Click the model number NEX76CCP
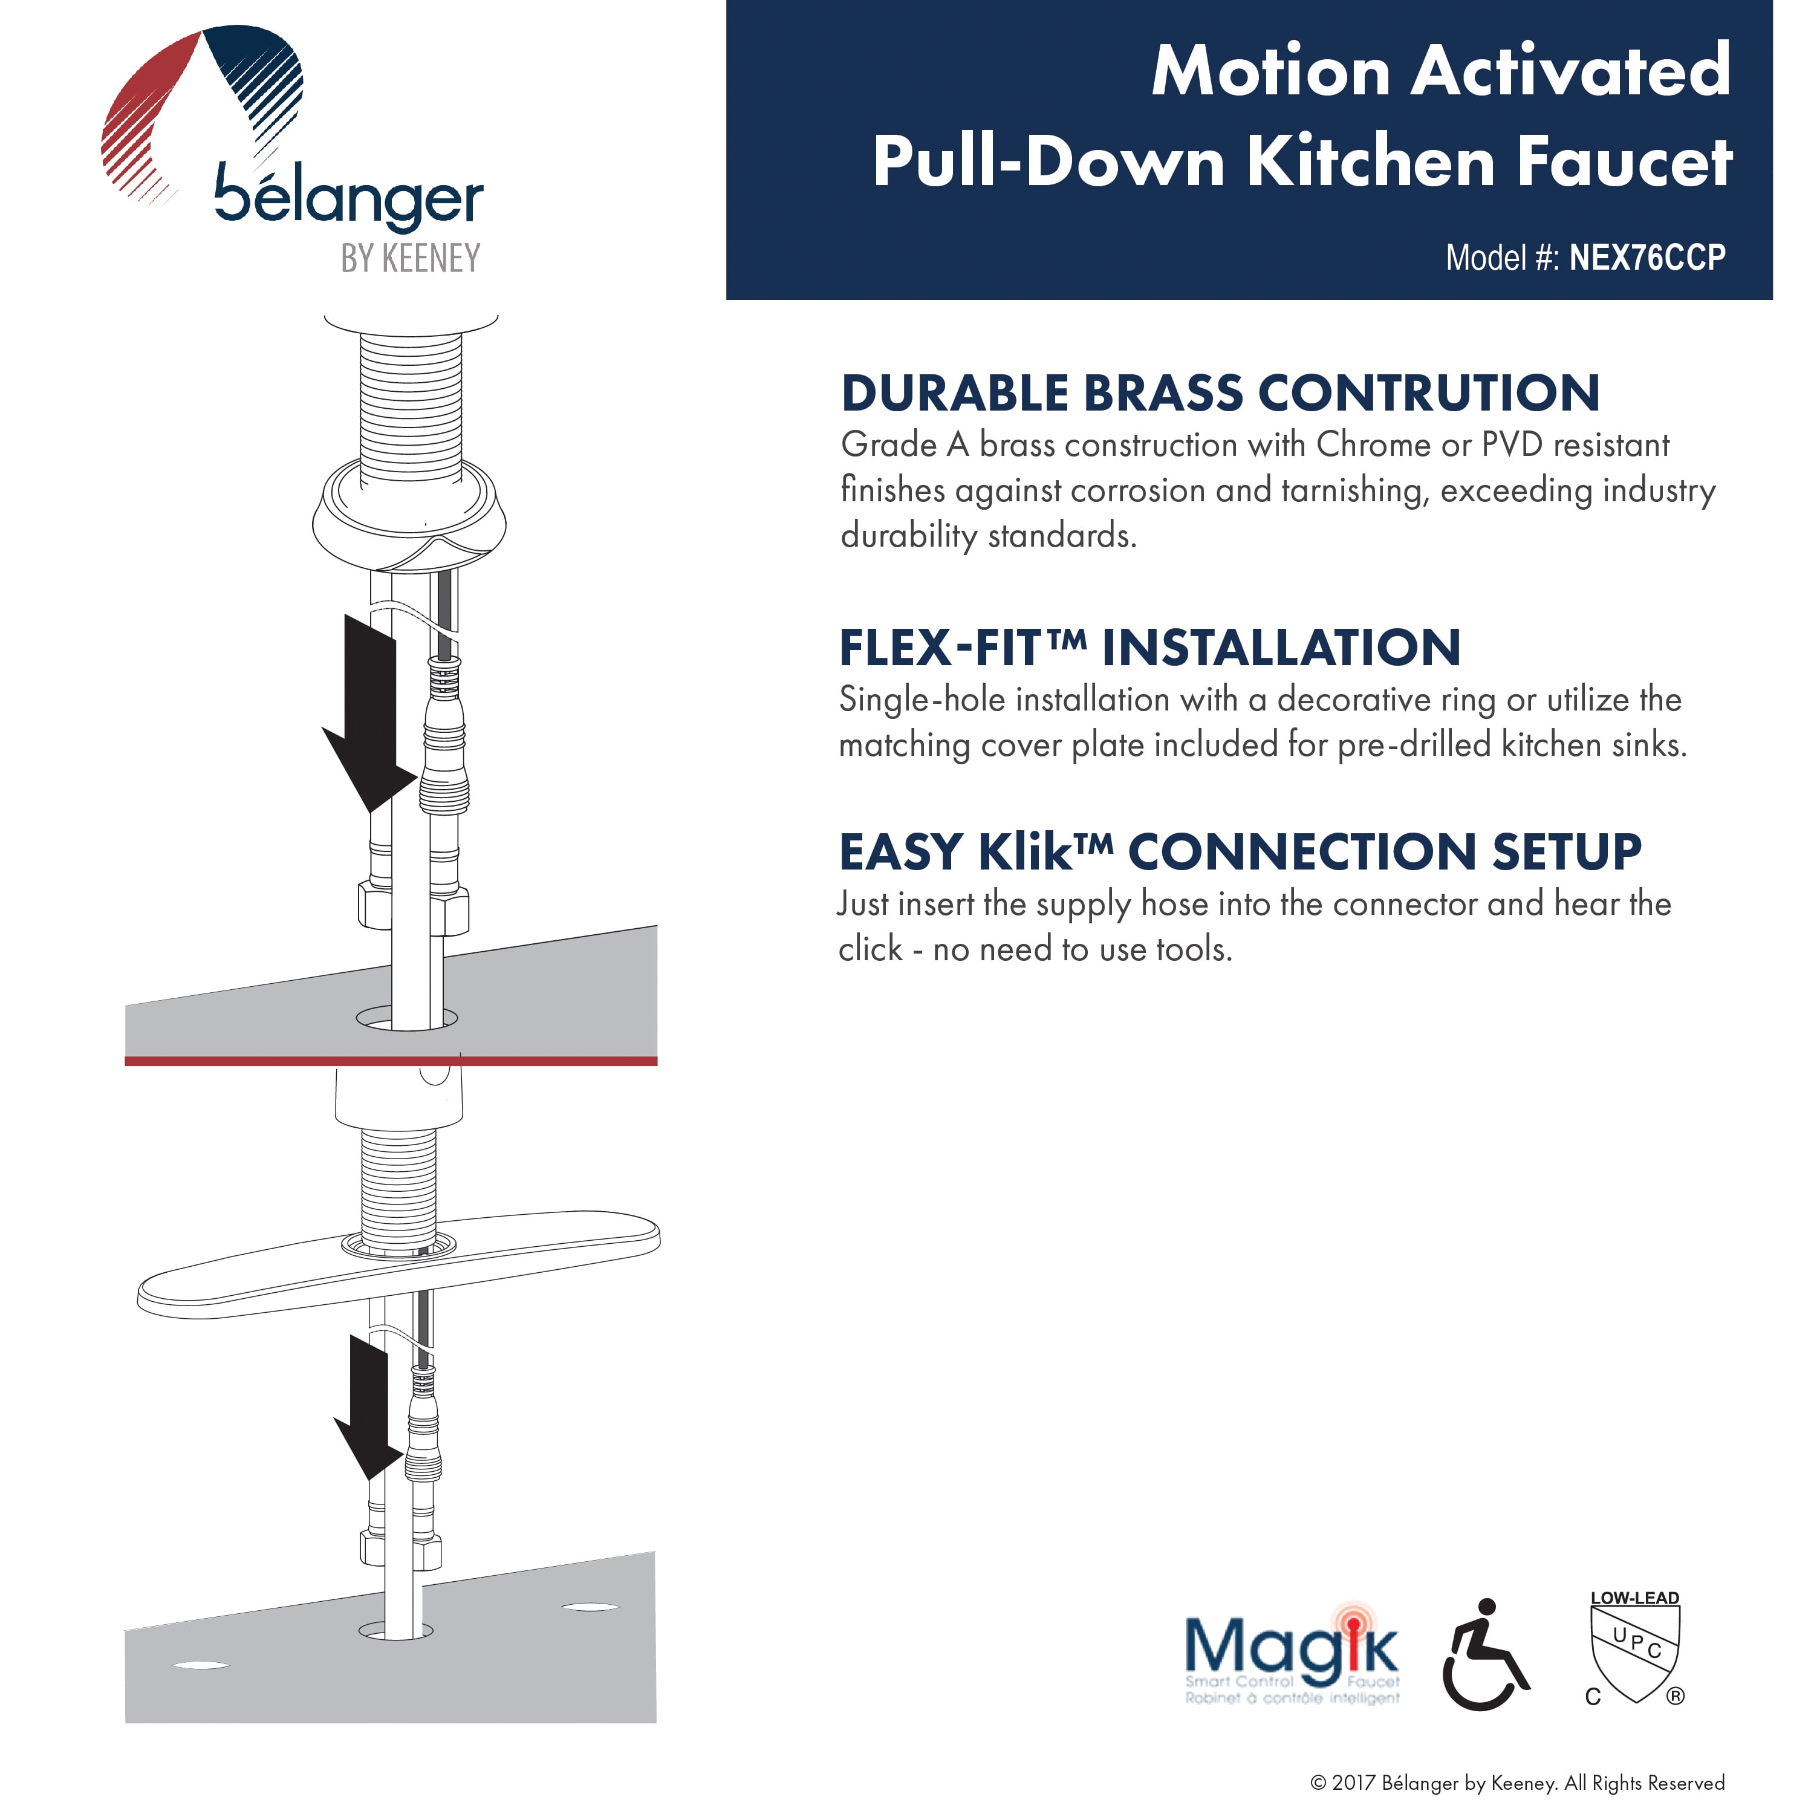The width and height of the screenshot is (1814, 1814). (x=1647, y=257)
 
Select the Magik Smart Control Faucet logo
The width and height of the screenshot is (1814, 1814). (x=1291, y=1657)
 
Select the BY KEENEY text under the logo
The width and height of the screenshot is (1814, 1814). (x=411, y=258)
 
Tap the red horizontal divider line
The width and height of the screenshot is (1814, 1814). (x=391, y=1061)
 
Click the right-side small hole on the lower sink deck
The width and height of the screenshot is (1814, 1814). (x=589, y=1607)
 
